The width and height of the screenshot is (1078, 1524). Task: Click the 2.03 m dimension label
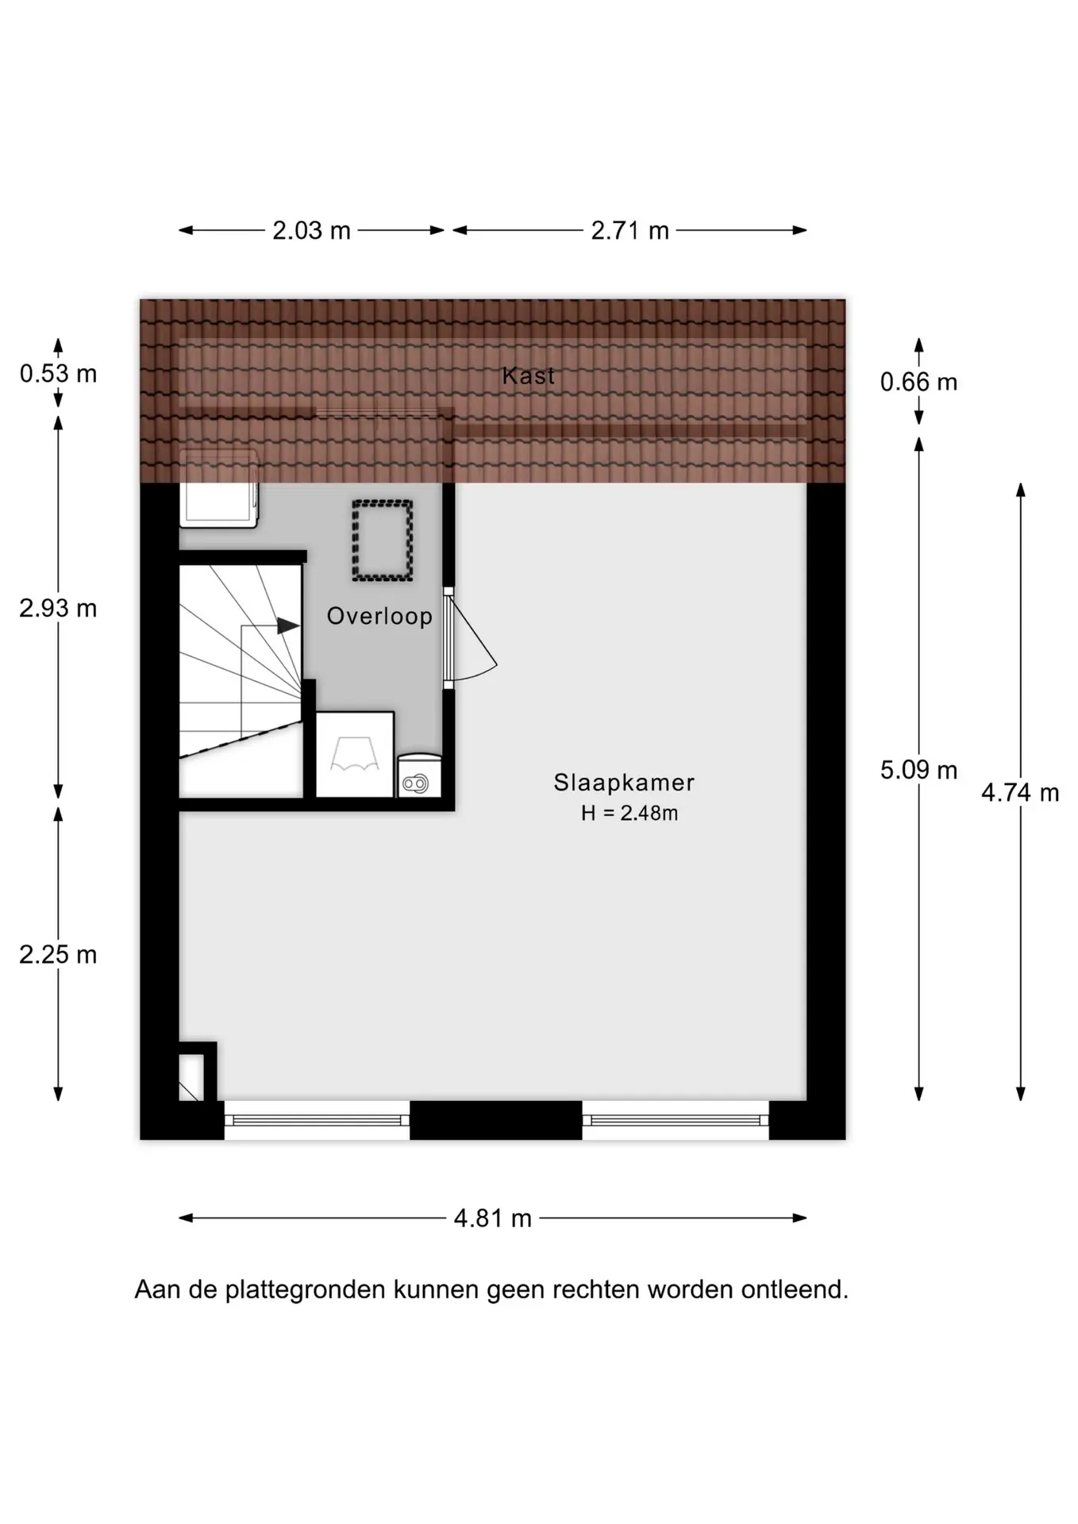coord(311,231)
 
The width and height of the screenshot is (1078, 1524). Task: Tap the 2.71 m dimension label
coord(629,231)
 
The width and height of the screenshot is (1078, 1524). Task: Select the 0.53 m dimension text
coord(58,373)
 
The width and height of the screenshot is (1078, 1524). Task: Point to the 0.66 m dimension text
coord(918,382)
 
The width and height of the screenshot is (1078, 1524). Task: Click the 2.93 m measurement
coord(58,608)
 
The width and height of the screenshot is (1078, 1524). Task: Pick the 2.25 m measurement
coord(58,954)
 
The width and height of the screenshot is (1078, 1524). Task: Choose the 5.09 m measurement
coord(918,770)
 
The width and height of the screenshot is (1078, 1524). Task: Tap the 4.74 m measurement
coord(1020,792)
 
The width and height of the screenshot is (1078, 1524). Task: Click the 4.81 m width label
coord(492,1218)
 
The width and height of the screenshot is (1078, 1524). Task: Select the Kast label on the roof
coord(528,375)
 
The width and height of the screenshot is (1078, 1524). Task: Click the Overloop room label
coord(379,616)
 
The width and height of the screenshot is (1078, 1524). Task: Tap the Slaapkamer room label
coord(624,783)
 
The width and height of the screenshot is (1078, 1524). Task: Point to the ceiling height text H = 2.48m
coord(629,813)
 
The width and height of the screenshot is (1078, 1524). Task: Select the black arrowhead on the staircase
coord(288,625)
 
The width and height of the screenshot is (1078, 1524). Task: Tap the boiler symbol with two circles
coord(416,784)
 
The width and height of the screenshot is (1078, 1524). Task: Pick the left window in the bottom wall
coord(317,1120)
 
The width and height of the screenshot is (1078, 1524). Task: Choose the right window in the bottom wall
coord(676,1120)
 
